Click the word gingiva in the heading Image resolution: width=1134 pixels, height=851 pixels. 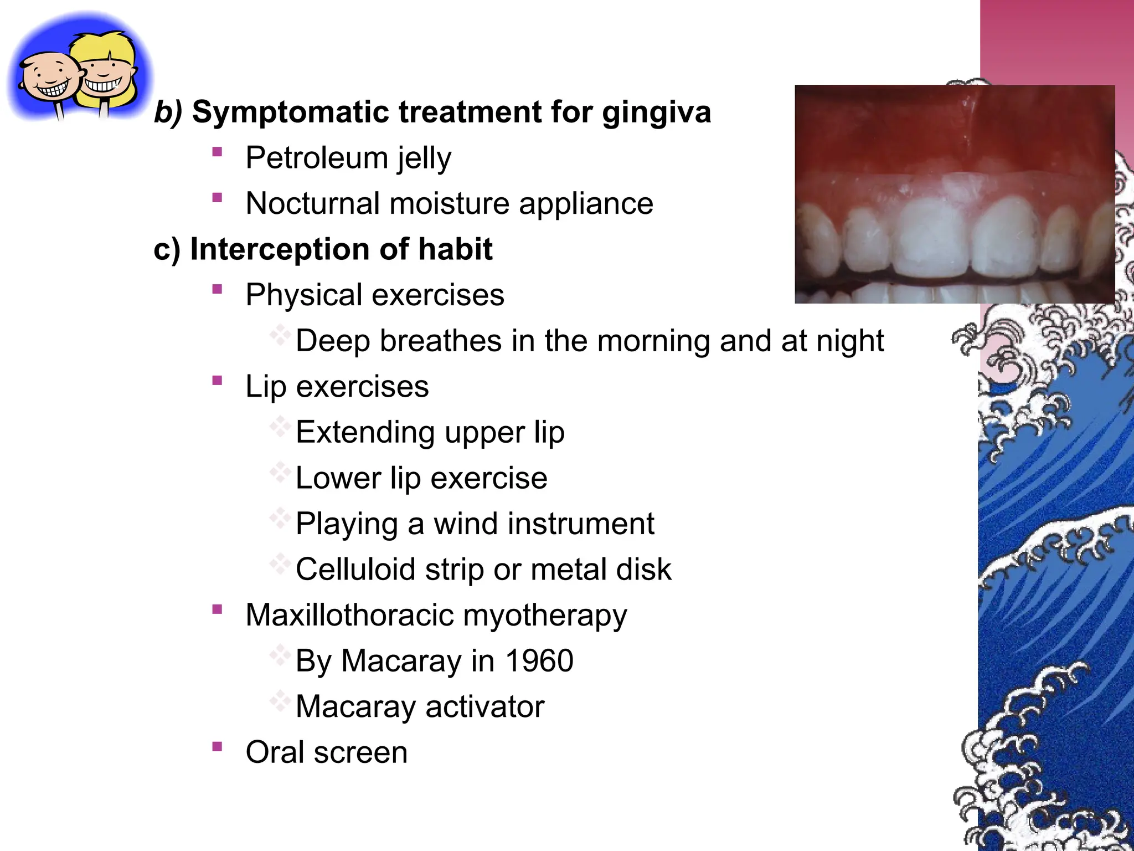coord(656,113)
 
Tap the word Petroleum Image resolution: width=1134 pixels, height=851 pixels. coord(316,158)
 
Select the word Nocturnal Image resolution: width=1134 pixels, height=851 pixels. coord(312,203)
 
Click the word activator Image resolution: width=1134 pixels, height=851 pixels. coord(485,706)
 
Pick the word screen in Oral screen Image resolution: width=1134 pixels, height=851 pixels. coord(360,752)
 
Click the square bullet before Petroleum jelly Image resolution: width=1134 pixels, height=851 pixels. coord(217,151)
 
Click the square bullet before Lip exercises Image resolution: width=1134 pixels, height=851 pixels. coord(217,380)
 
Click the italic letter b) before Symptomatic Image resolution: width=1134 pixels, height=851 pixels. coord(168,112)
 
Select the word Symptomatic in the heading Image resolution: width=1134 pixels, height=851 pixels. coord(290,113)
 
